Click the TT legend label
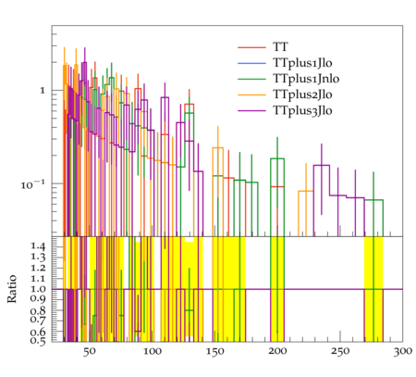click(x=280, y=47)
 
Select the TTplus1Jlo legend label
click(x=302, y=63)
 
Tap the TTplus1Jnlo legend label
click(x=306, y=79)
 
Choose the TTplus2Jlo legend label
click(x=302, y=94)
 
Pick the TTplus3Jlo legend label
click(x=302, y=110)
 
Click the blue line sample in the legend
click(x=251, y=63)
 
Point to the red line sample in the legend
click(x=251, y=47)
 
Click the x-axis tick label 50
click(x=90, y=352)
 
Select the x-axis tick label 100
click(x=153, y=352)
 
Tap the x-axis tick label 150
click(x=215, y=352)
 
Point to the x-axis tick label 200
click(x=277, y=352)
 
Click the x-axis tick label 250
click(x=340, y=352)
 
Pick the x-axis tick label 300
click(x=403, y=352)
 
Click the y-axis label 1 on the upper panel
click(x=43, y=91)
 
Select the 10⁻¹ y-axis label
click(x=33, y=184)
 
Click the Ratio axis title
click(x=12, y=289)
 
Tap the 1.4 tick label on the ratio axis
click(x=38, y=246)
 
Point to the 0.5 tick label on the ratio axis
click(x=38, y=341)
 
